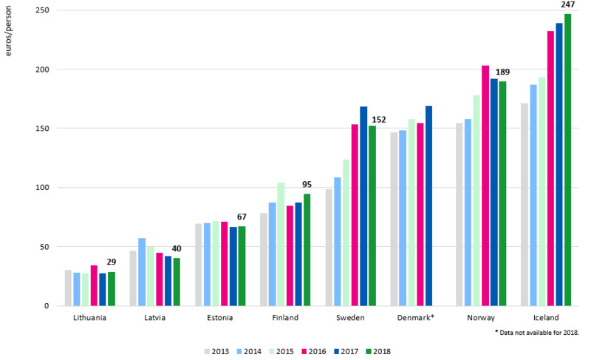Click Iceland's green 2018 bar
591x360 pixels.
click(x=568, y=160)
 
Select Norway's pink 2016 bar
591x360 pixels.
click(x=485, y=186)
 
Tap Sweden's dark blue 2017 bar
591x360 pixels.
click(x=363, y=206)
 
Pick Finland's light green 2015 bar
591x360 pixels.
click(x=281, y=244)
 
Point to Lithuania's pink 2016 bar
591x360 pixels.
click(x=95, y=285)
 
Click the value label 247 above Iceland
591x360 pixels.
click(x=568, y=4)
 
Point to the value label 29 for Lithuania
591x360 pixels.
click(x=112, y=262)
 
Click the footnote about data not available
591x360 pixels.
click(x=538, y=333)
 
